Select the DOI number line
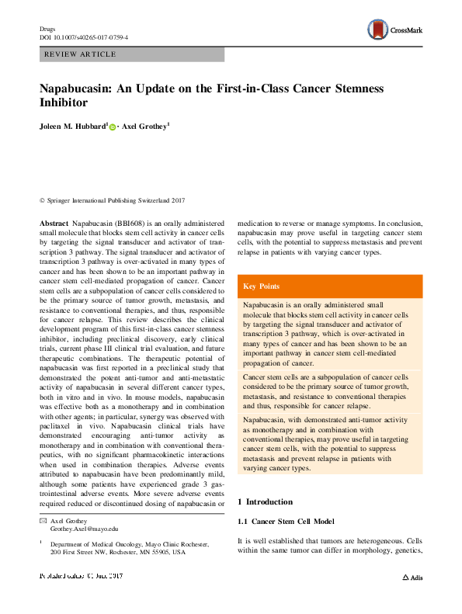tap(84, 37)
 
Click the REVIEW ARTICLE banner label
tap(81, 54)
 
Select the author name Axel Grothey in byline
tap(147, 125)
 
